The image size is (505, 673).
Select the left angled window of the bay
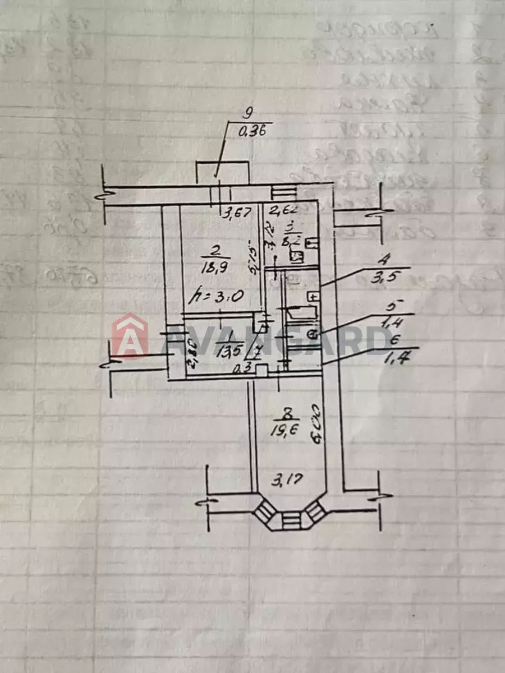[265, 511]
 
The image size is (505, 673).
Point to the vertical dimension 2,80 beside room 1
[191, 352]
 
